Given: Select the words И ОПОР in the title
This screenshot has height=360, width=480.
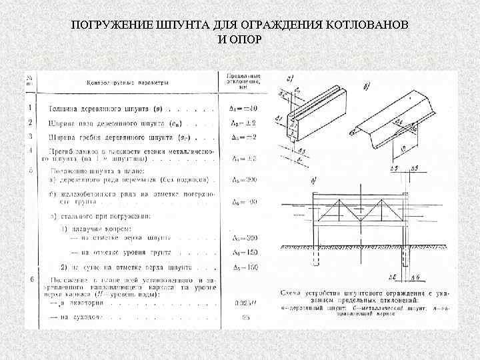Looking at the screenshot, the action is (x=240, y=39).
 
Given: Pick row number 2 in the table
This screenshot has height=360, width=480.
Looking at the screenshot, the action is (x=30, y=122).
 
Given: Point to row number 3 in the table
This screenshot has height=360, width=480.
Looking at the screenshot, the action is (x=30, y=137).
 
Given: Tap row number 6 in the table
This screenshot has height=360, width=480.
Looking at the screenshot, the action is (x=30, y=279).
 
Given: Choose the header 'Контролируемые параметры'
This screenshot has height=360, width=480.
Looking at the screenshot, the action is (x=127, y=83).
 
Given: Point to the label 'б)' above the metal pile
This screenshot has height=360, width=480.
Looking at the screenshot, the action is (x=368, y=87).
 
